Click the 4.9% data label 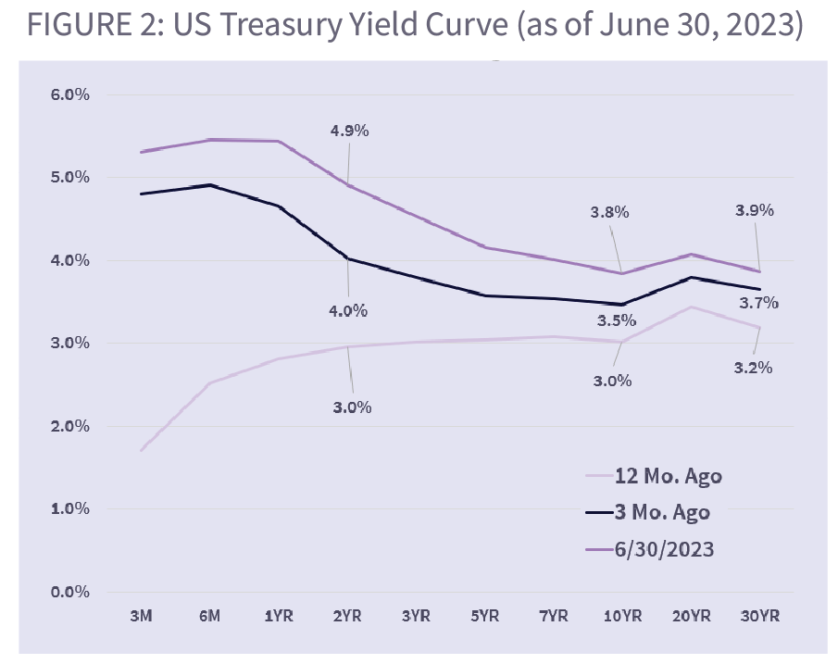349,131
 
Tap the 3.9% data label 754,210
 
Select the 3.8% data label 609,212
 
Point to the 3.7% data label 758,302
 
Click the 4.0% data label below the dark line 348,311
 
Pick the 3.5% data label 616,320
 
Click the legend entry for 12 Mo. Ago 668,477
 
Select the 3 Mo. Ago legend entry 661,513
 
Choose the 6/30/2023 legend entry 664,549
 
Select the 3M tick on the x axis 141,615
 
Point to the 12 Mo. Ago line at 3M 141,450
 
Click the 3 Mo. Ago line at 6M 210,185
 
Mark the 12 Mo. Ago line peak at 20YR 690,307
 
